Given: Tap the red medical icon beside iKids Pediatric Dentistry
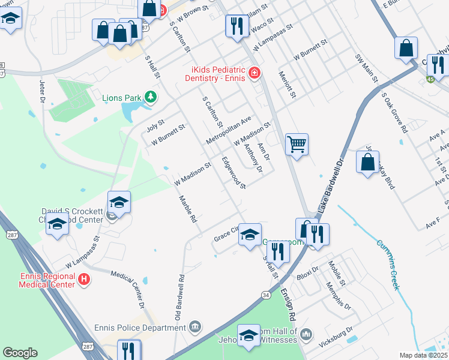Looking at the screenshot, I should point(255,73).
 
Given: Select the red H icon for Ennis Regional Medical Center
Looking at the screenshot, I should point(85,279).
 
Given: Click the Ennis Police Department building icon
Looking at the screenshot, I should point(194,327).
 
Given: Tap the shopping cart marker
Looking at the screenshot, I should point(297,145).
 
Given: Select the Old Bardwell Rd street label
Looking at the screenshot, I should point(178,297).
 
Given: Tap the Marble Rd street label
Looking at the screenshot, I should point(187,209).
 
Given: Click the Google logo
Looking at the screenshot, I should point(20,352).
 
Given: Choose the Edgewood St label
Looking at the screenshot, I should point(234,173).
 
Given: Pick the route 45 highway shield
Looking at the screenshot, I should point(430,79).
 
